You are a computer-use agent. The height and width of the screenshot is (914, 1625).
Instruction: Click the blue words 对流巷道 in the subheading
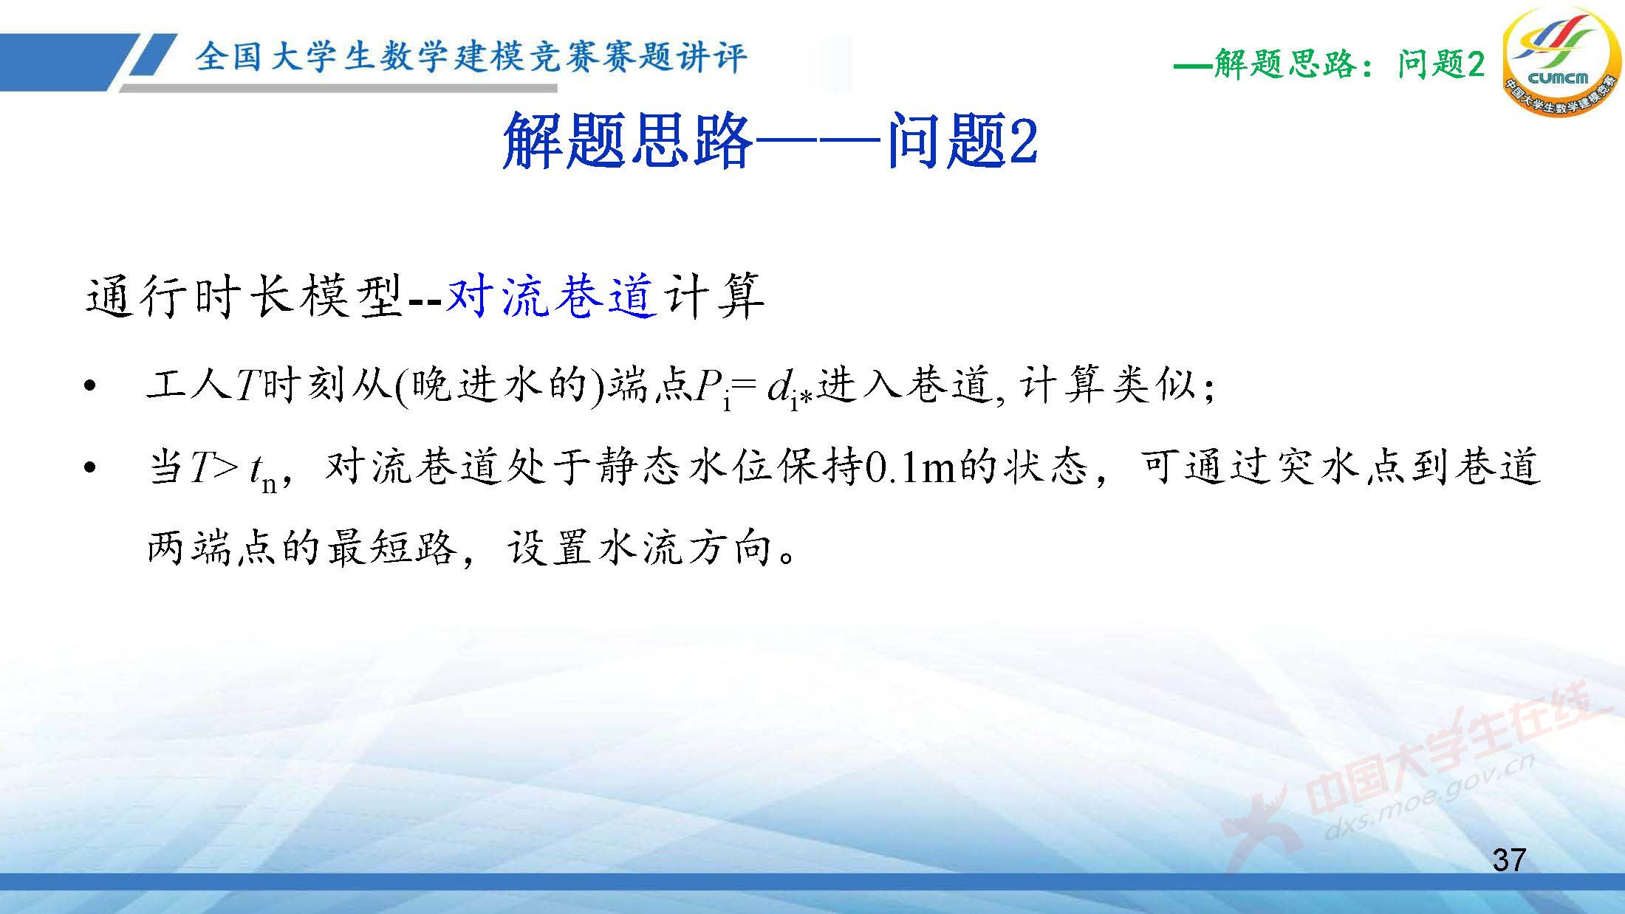click(x=551, y=298)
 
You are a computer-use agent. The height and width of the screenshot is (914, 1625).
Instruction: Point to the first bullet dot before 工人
click(x=90, y=386)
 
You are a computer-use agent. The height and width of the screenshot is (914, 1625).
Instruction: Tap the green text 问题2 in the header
click(x=1440, y=65)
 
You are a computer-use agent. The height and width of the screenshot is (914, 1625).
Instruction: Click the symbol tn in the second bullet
click(x=263, y=473)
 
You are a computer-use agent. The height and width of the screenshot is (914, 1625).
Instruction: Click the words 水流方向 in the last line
click(x=688, y=549)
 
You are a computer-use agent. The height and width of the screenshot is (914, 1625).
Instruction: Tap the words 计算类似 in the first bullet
click(x=1107, y=385)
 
